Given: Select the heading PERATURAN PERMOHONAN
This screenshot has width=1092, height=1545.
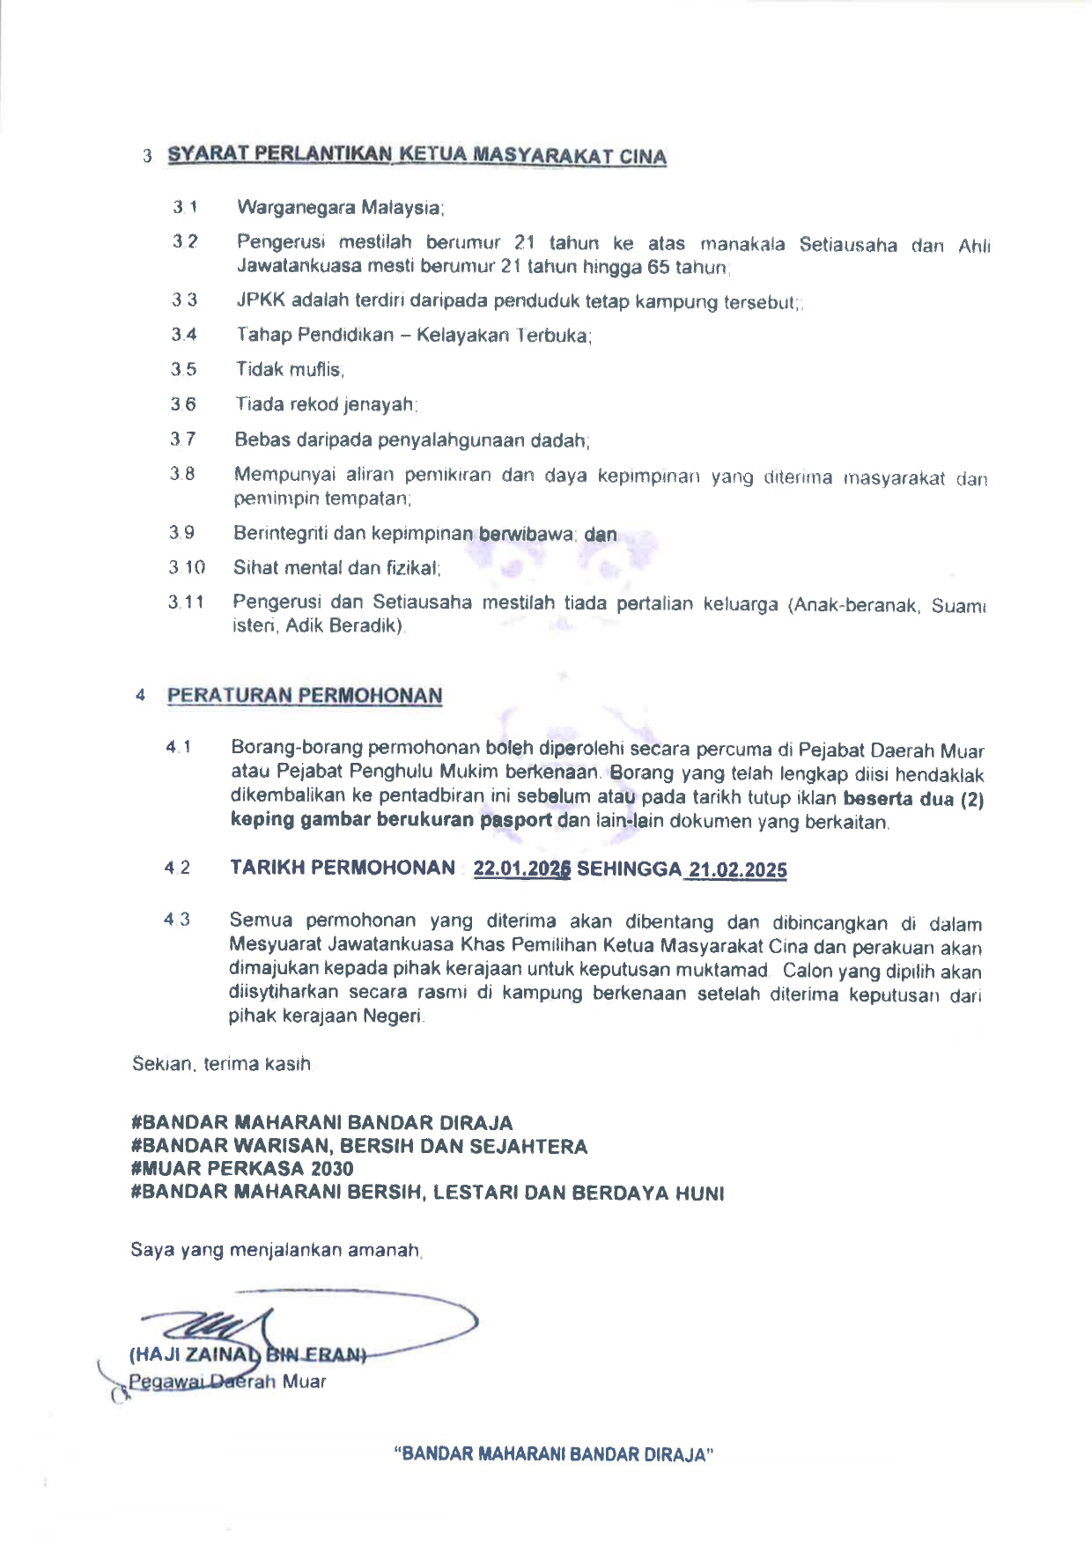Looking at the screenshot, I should click(x=305, y=695).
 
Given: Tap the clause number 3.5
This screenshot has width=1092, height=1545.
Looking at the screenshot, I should click(x=184, y=369).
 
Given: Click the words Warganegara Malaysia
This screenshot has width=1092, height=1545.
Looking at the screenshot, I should click(x=340, y=209).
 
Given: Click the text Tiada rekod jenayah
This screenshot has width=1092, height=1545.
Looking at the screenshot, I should click(x=325, y=404).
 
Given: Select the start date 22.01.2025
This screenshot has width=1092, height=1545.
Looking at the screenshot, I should click(x=522, y=869).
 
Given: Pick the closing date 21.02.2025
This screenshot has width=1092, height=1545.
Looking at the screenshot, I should click(x=738, y=869).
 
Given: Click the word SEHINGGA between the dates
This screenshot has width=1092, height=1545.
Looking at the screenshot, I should click(x=629, y=869).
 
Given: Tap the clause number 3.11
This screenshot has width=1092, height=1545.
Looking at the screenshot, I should click(x=187, y=602).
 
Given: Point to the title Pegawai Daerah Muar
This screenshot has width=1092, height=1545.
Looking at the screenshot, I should click(x=227, y=1381).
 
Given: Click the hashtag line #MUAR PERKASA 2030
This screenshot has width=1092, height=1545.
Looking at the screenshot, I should click(x=242, y=1169).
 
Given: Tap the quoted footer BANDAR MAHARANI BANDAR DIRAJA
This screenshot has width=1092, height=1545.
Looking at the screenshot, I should click(x=553, y=1454).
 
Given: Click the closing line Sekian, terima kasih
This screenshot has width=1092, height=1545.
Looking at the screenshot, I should click(x=221, y=1064).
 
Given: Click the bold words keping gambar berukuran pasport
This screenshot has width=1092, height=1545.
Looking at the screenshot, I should click(x=391, y=821).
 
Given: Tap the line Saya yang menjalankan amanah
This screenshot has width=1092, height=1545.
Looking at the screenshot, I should click(x=277, y=1250).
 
